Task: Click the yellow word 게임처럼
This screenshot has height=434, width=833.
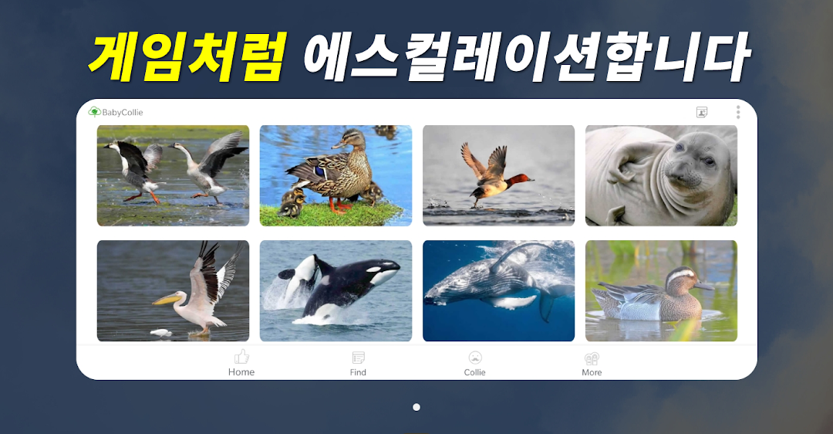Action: (x=187, y=56)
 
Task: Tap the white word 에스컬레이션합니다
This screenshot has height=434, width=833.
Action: (x=526, y=56)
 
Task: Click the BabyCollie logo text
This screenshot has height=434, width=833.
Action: (x=122, y=112)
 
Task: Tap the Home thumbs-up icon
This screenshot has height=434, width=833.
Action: (x=241, y=356)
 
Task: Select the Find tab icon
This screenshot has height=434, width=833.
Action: (x=358, y=358)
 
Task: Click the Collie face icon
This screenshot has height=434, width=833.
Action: (x=475, y=358)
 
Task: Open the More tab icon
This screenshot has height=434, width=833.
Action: (x=592, y=358)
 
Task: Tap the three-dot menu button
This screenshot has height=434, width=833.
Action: (x=738, y=112)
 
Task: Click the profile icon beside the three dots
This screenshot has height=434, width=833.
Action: (x=702, y=112)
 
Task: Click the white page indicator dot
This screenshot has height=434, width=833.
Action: (x=416, y=407)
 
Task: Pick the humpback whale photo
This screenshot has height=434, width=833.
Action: (x=498, y=290)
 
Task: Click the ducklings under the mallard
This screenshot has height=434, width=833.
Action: (x=293, y=202)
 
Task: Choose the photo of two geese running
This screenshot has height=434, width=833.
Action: (x=174, y=175)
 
